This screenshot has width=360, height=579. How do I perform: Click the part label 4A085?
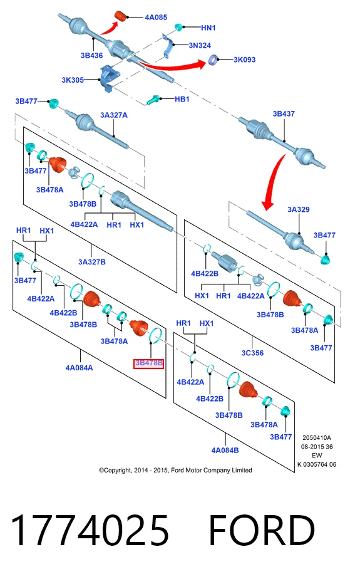click(156, 18)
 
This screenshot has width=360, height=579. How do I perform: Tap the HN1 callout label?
click(208, 28)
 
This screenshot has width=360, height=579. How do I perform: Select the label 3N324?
click(200, 45)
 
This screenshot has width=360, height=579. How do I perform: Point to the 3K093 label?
click(244, 60)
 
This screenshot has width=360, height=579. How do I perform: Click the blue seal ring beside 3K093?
click(213, 60)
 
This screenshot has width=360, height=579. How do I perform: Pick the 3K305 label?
click(73, 80)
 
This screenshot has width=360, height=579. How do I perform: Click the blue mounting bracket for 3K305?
click(108, 78)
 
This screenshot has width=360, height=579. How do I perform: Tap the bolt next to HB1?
click(153, 100)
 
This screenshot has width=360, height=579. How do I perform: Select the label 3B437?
click(284, 114)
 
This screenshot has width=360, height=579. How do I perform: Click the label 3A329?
click(299, 209)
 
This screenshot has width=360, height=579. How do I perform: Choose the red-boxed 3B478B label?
click(148, 363)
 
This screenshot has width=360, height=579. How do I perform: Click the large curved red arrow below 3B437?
click(272, 184)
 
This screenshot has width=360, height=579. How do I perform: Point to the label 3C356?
click(252, 353)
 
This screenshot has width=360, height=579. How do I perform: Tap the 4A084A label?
click(80, 368)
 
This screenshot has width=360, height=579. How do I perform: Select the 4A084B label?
click(225, 450)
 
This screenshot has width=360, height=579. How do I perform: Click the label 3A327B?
click(92, 262)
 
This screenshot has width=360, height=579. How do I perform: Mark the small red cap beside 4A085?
click(121, 17)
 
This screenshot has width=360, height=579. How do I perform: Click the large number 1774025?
click(90, 530)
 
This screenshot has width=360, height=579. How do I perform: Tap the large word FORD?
click(262, 530)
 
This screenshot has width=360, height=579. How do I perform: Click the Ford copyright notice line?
click(175, 470)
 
